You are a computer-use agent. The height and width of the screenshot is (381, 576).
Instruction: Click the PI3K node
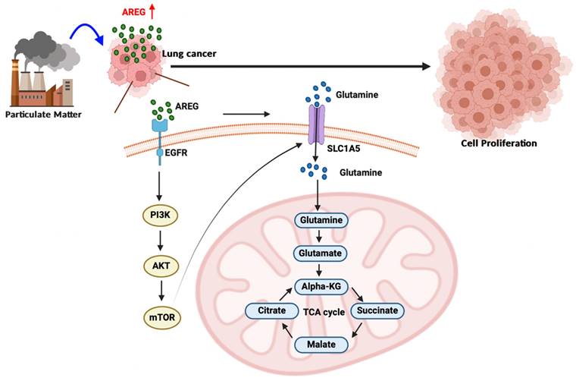160,216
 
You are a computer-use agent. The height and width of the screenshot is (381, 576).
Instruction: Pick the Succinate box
378,310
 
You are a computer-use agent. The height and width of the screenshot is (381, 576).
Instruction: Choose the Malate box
322,345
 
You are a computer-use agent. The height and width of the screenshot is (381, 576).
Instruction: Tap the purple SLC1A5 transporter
315,126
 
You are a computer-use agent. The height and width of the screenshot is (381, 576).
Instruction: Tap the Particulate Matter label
42,115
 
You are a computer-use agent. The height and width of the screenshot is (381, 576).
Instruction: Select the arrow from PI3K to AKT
160,241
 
